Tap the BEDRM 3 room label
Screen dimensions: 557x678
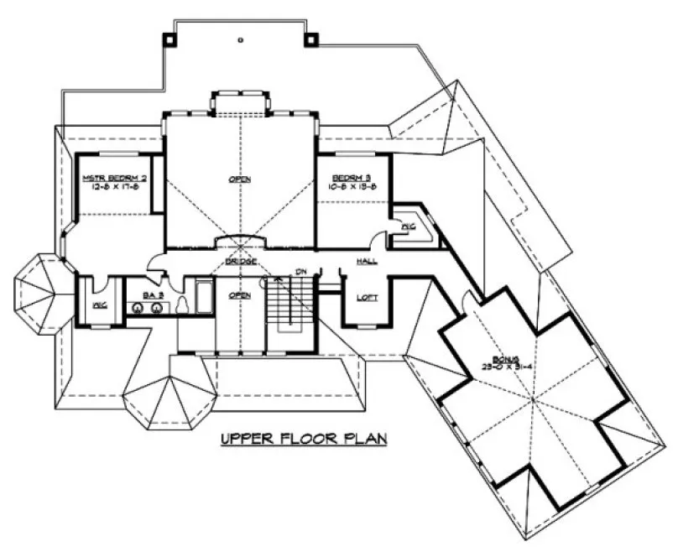point(347,178)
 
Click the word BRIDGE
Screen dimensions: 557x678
point(240,263)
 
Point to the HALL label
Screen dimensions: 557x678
point(366,262)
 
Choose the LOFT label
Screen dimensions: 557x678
point(367,297)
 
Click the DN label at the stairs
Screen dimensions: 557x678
point(300,271)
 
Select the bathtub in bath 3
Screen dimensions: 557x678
point(204,298)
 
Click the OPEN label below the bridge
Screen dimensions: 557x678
point(240,295)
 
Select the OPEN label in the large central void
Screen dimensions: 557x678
point(240,179)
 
